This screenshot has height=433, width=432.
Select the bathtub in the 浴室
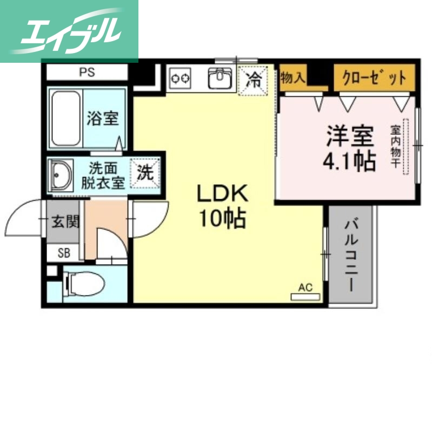pos(66,117)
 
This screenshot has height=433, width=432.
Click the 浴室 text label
pos(103,118)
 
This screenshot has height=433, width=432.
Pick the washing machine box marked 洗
pos(144,173)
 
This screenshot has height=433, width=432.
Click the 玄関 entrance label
pos(64,221)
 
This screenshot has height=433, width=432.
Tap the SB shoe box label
pos(64,252)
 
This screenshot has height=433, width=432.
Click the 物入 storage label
pos(293,77)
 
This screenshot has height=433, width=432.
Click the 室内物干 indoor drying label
pos(396,147)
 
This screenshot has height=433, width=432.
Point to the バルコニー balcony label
pos(351,254)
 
